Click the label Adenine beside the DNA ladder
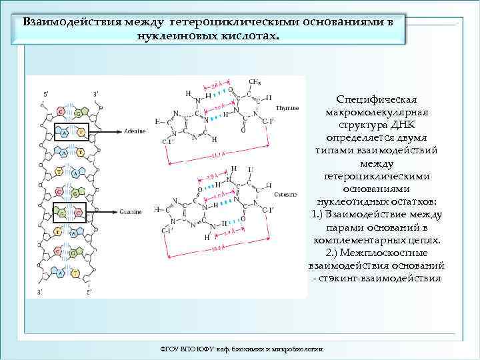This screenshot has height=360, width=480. pos(135,131)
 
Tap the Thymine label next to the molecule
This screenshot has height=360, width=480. pos(286,107)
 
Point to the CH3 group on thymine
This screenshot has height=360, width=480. pos(254,82)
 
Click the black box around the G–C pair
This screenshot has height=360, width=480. pos(69,213)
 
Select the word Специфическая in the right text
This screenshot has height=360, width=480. pos(377,99)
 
